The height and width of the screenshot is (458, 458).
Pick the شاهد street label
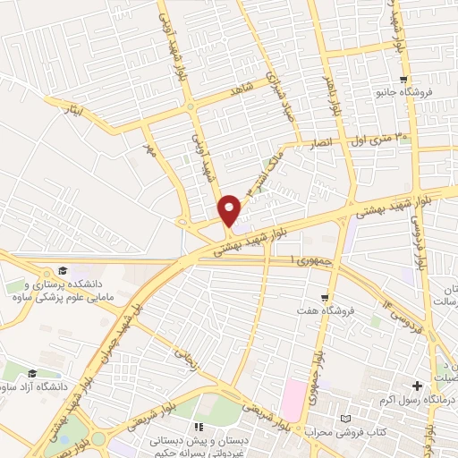(242, 88)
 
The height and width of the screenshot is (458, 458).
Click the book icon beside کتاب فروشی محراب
(345, 419)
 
